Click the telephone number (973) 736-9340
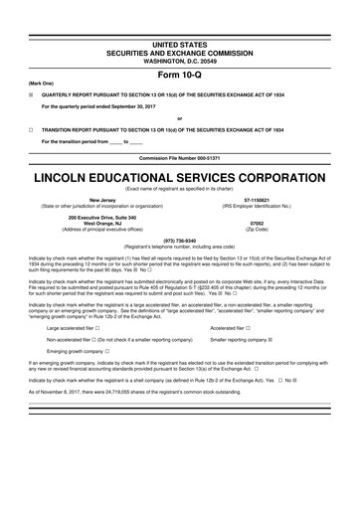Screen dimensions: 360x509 [x=180, y=241]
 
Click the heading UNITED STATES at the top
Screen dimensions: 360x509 [x=180, y=18]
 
